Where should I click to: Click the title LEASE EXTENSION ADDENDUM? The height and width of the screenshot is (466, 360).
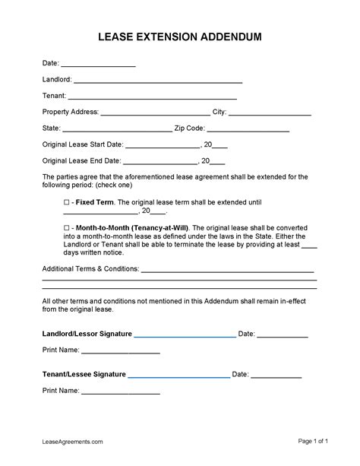[x=180, y=36]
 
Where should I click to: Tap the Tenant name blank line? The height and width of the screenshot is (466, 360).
[x=153, y=97]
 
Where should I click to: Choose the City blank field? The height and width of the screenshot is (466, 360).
[x=270, y=113]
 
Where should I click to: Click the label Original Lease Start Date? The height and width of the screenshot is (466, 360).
[x=82, y=144]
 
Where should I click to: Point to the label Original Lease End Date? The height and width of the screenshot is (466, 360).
[x=81, y=160]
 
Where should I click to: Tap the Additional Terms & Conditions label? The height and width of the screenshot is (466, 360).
[x=90, y=269]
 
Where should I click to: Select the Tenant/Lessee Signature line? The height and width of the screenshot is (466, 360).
[x=178, y=375]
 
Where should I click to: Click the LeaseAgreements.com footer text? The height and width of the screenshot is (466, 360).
[x=72, y=441]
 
